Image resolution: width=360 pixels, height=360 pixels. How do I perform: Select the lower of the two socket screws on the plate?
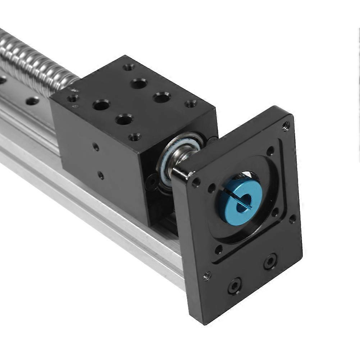tap(235, 286)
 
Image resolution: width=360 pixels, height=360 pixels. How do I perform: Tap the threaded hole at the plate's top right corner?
tap(286, 126)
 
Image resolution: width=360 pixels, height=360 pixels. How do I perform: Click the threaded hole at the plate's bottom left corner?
tap(207, 276)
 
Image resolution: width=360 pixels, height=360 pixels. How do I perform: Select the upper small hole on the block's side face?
tap(96, 146)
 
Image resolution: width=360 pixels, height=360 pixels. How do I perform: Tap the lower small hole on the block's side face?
tap(101, 176)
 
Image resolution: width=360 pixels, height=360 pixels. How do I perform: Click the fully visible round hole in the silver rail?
tap(32, 101)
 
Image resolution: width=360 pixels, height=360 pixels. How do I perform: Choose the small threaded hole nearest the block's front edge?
tap(135, 137)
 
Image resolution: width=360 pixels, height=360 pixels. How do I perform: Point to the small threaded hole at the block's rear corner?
tap(129, 67)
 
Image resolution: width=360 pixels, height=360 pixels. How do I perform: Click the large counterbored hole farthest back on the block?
tap(138, 84)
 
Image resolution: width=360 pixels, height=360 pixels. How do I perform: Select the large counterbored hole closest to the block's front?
tap(124, 119)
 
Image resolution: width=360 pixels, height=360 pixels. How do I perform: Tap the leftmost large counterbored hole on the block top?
tap(101, 105)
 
